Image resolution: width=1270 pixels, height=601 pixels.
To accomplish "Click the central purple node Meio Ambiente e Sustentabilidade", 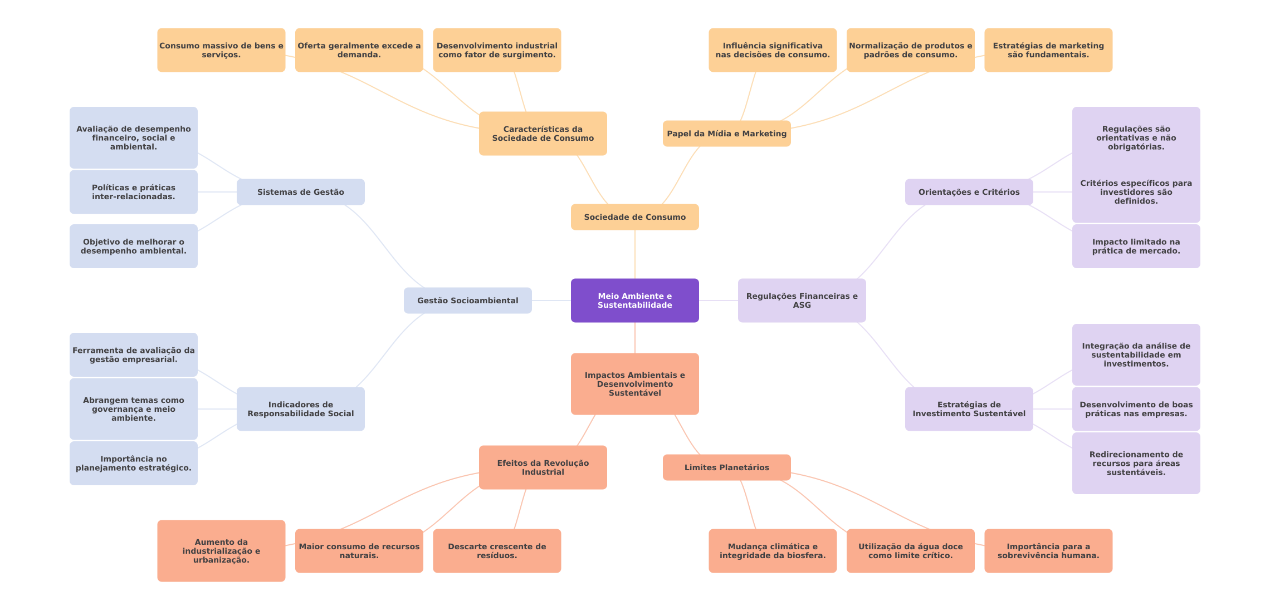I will (x=634, y=300).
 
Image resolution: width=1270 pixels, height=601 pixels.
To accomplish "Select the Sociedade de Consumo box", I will (x=634, y=217).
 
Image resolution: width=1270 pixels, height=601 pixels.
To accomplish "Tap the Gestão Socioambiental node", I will (x=467, y=300).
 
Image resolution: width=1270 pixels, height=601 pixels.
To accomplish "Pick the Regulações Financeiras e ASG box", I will (x=802, y=300).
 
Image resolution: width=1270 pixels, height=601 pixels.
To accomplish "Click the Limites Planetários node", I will (x=726, y=467).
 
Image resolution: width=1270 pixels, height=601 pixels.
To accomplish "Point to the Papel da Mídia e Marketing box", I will (x=726, y=134).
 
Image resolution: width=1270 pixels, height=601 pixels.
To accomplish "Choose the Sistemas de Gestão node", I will (x=300, y=192).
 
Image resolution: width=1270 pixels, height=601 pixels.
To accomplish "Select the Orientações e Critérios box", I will (x=969, y=192).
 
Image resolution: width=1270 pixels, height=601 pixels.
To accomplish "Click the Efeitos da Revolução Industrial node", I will (x=543, y=467).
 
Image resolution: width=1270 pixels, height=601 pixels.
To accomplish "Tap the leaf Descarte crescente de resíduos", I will (x=497, y=551).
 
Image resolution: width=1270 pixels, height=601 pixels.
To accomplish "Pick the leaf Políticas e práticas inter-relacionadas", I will (x=133, y=192).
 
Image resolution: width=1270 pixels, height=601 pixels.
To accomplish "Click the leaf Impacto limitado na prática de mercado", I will (x=1136, y=246).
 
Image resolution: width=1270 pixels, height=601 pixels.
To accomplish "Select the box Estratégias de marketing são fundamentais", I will (x=1048, y=50).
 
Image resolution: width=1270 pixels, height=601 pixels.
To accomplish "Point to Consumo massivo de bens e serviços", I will (x=221, y=50).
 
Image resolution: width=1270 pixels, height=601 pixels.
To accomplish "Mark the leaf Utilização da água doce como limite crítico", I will (x=910, y=551).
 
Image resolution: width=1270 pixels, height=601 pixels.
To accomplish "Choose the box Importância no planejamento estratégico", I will (x=133, y=463).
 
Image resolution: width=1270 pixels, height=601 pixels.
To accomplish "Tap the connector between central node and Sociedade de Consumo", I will (x=635, y=254).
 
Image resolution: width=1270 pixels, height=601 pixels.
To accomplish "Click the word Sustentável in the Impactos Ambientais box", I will (x=634, y=393).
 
